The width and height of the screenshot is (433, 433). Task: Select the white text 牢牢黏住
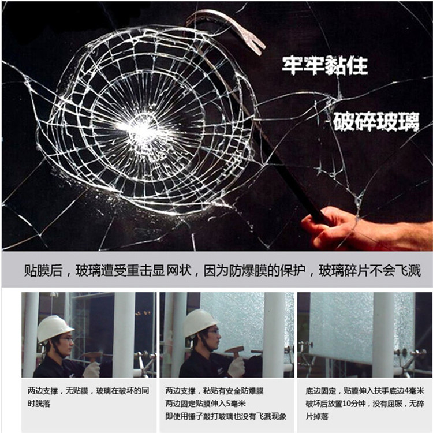pos(324,66)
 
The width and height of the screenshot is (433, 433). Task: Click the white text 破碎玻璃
pos(376,121)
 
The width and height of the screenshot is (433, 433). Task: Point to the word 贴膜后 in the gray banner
pos(43,270)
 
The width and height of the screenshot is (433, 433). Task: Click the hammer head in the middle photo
pos(234,350)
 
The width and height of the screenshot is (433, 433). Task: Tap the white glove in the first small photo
pos(91,369)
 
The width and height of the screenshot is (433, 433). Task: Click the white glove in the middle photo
pos(236,368)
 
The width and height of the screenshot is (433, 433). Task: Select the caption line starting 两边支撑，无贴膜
pos(88,391)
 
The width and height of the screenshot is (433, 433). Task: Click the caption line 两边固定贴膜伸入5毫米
pos(206,404)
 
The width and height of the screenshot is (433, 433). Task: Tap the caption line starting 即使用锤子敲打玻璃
pos(226,416)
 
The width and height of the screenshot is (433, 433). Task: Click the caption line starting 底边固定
pos(365,391)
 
